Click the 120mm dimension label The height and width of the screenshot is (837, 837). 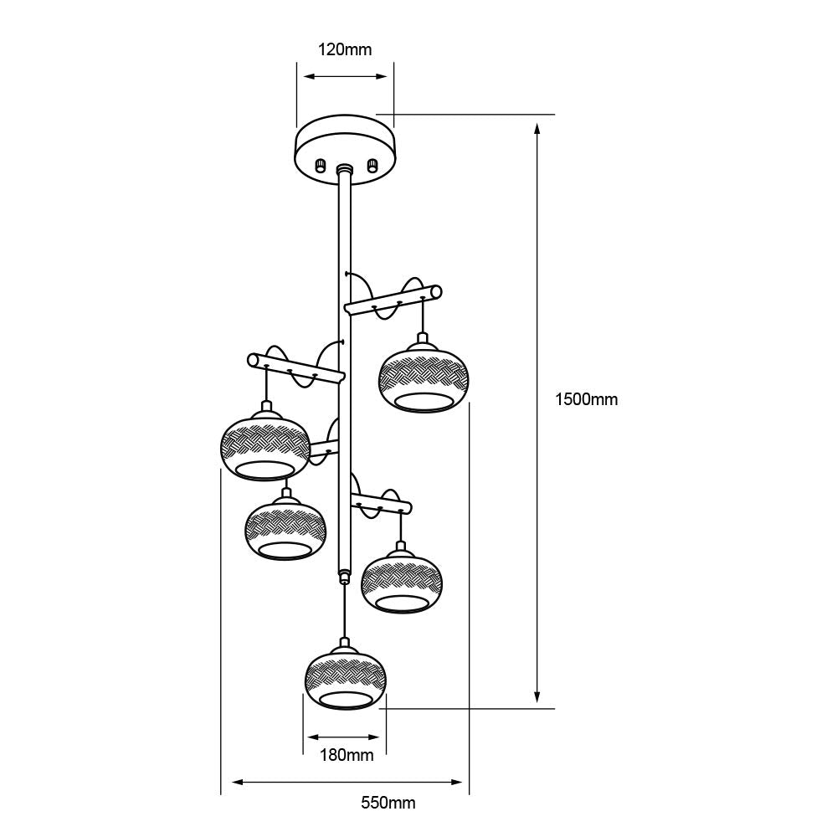point(345,49)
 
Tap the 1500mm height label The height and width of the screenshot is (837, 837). point(586,399)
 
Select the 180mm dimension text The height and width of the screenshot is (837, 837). point(347,755)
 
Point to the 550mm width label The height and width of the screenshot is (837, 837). point(388,803)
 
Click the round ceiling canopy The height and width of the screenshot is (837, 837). point(346,151)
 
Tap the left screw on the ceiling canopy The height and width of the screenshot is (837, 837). point(321,165)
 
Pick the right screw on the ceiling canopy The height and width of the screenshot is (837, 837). point(372,165)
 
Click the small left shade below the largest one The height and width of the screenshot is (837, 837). point(285,530)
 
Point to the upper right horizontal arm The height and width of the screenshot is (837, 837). point(393,300)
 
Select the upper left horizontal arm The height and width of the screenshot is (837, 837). point(296,368)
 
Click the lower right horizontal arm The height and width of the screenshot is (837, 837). point(381,503)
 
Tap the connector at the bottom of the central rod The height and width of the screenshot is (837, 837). point(345,576)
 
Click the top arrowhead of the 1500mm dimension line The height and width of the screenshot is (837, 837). point(537,128)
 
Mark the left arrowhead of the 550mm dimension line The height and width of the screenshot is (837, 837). point(238,782)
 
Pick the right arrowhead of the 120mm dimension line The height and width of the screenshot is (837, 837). point(381,76)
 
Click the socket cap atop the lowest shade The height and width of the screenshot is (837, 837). point(346,643)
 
